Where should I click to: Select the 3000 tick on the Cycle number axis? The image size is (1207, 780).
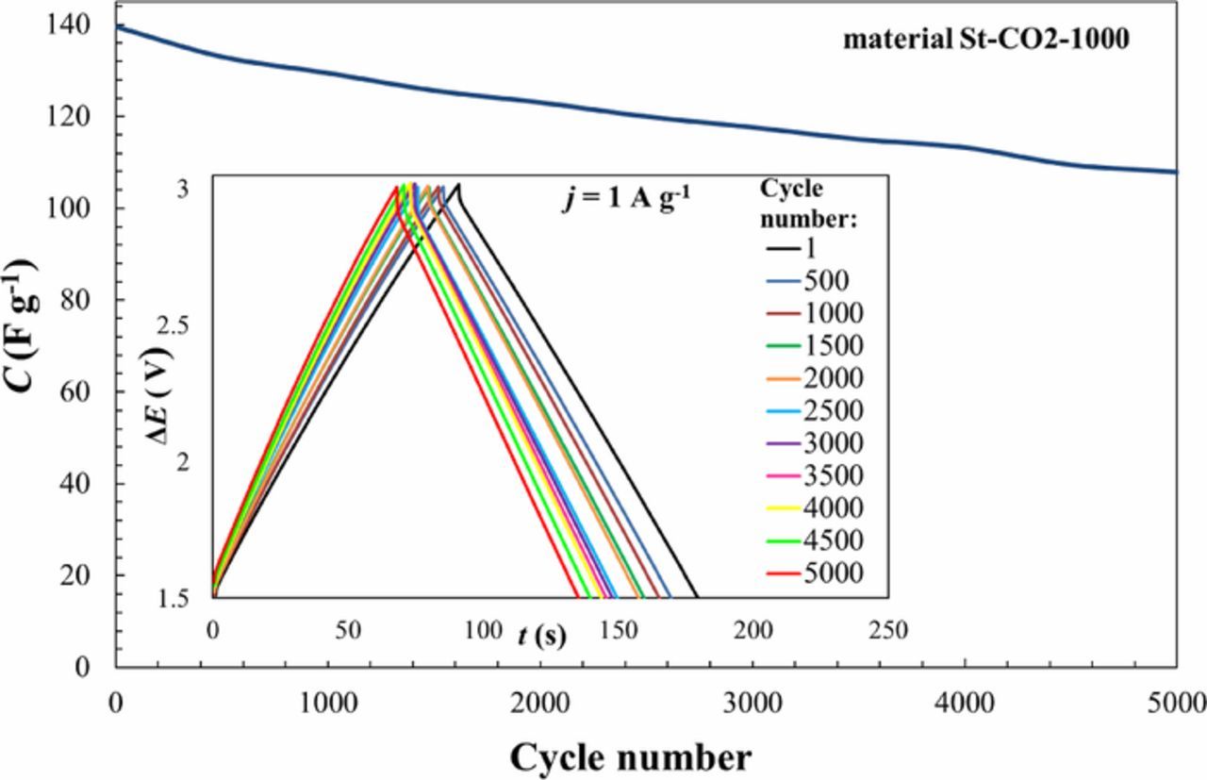click(752, 704)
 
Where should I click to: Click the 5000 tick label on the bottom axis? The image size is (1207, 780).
click(1176, 704)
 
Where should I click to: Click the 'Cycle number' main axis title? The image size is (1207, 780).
click(631, 756)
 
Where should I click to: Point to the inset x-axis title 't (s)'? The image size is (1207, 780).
click(541, 636)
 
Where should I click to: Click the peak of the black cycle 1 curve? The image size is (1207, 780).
click(458, 185)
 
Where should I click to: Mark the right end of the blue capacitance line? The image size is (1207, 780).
click(1177, 172)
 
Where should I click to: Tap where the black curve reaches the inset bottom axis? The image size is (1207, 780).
click(697, 597)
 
